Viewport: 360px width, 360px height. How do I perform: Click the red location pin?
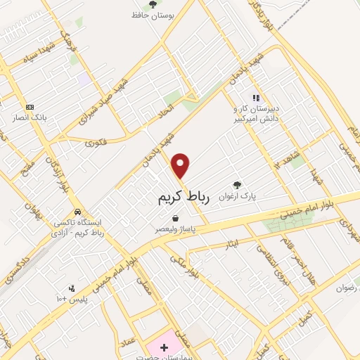[x=181, y=165]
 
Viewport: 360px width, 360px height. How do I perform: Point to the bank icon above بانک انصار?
[x=30, y=106]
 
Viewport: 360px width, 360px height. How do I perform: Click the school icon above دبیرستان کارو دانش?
[x=257, y=98]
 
